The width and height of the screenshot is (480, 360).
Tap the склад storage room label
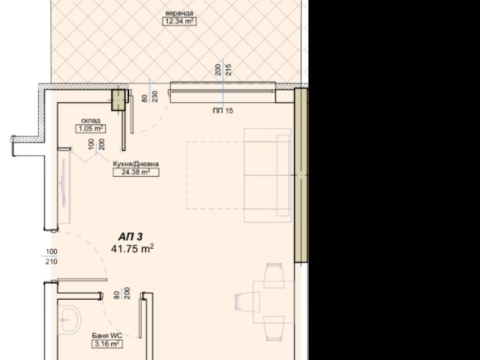[x=90, y=120]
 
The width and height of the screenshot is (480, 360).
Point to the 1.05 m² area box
[x=90, y=128]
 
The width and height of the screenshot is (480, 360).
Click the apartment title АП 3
[x=131, y=236]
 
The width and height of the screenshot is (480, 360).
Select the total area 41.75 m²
[x=132, y=248]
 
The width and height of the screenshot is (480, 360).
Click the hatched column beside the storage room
[x=119, y=98]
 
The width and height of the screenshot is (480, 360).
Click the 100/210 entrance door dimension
[x=52, y=257]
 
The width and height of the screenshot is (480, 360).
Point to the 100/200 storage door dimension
[x=96, y=149]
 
